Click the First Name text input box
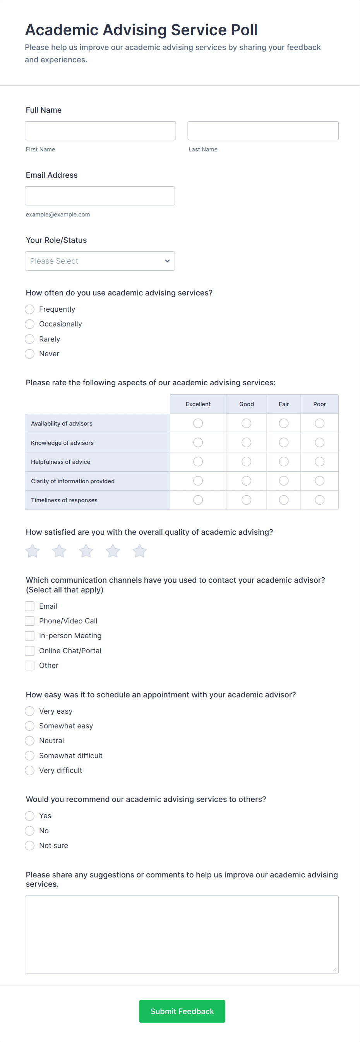100,130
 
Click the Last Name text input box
263,130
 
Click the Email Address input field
100,196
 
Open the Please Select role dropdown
100,261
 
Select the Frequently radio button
29,309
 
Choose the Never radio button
29,354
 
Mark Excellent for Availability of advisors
198,423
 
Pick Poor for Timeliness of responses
320,500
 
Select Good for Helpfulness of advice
246,462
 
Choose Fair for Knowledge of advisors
284,443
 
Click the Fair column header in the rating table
284,404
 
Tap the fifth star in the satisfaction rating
140,551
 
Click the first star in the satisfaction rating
33,551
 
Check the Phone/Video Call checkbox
29,621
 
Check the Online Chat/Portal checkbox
29,651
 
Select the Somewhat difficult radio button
29,755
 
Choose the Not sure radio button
29,845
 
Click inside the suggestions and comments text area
182,934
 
